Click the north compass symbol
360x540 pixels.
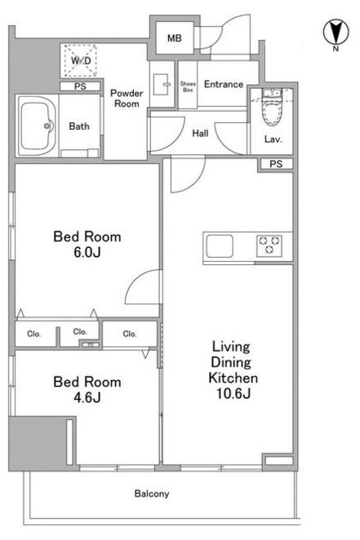tap(336, 33)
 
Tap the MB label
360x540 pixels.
tap(175, 38)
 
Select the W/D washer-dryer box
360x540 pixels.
tap(80, 60)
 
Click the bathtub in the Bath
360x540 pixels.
tap(37, 126)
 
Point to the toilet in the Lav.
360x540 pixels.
tap(272, 108)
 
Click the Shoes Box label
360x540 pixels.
tap(188, 86)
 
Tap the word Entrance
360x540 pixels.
tap(224, 84)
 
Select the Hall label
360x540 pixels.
tap(200, 133)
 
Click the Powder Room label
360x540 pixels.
tap(127, 99)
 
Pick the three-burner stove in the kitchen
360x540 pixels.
tap(269, 246)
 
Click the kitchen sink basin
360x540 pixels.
tap(220, 246)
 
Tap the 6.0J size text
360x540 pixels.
tap(87, 252)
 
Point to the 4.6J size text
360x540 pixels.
tap(87, 398)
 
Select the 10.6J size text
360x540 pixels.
tap(233, 393)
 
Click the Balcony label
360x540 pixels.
tap(152, 494)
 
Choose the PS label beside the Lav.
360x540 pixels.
tap(276, 164)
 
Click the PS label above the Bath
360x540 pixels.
tap(80, 86)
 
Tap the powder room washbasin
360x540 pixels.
tap(161, 84)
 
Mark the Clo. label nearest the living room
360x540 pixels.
tap(130, 334)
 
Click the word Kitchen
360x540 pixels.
tap(233, 378)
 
